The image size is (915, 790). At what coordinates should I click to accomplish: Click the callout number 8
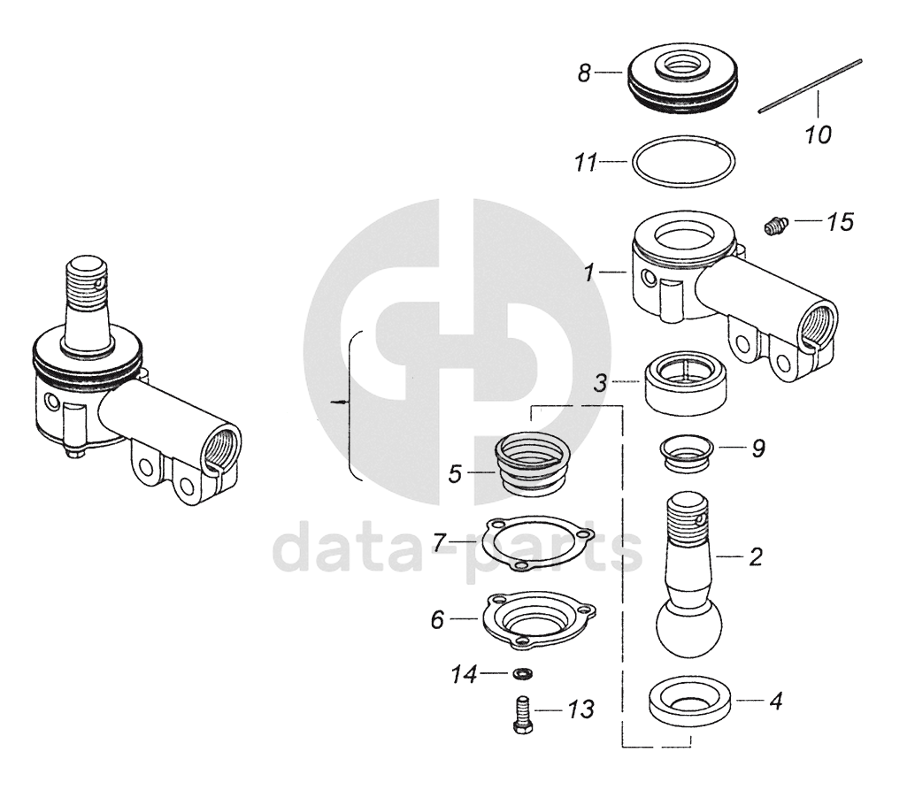(584, 73)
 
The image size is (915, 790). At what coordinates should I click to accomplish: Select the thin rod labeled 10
(810, 86)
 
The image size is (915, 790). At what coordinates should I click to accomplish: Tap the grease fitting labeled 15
(775, 226)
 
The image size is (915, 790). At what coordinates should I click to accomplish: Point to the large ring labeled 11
(682, 162)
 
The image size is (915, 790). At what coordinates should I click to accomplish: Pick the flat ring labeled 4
(690, 703)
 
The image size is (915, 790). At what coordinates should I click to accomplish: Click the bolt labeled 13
(522, 712)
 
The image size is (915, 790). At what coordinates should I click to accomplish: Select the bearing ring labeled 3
(685, 383)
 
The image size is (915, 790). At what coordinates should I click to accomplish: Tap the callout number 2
(755, 557)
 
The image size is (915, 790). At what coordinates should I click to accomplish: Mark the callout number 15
(841, 222)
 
